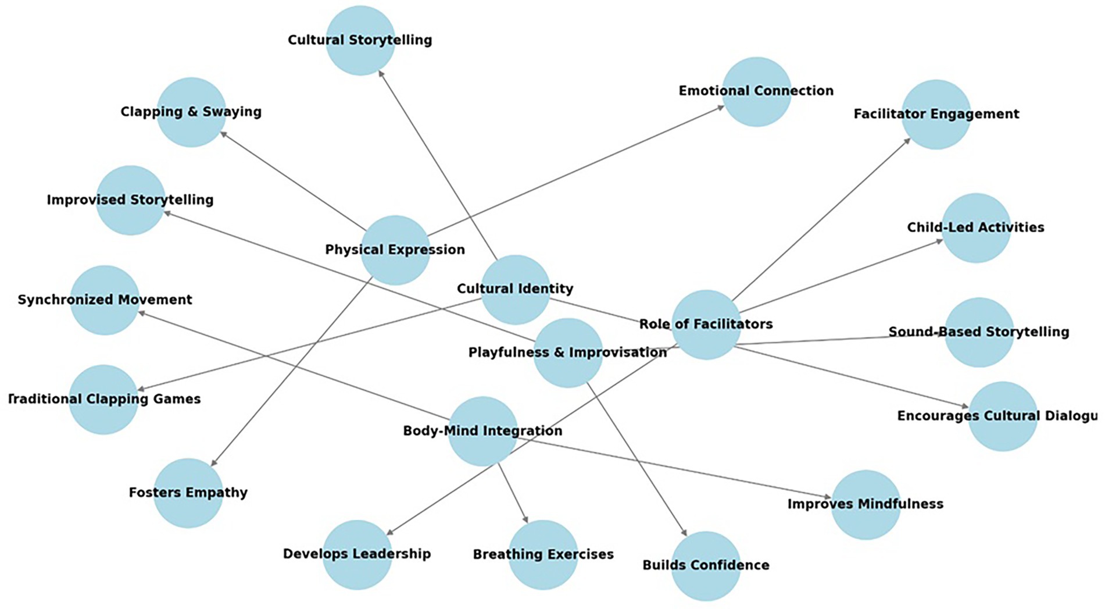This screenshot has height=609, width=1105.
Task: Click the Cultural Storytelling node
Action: coord(360,40)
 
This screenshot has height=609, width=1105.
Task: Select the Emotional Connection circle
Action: coord(756,91)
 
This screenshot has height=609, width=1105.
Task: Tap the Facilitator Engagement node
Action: coord(936,114)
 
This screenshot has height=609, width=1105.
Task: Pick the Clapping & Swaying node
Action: coord(191,112)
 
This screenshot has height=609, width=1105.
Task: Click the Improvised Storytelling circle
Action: coord(130,200)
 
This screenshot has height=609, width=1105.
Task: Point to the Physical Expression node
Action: coord(395,250)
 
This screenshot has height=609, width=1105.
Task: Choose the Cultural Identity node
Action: coord(515,289)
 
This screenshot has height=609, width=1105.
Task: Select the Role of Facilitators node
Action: coord(706,325)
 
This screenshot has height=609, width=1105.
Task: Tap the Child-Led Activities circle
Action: coord(976,227)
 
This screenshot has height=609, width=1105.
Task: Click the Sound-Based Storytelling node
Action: coord(979,332)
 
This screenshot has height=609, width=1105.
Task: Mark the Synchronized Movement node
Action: coord(105,300)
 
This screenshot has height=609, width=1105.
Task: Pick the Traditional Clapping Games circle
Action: coord(103,399)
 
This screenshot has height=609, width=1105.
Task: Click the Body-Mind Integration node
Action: coord(482,431)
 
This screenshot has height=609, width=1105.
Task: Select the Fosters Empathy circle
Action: coord(188,493)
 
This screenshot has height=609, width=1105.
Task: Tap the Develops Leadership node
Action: coord(357,554)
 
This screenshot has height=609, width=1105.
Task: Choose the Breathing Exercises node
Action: coord(543,554)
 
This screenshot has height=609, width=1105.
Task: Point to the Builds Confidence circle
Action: coord(706,565)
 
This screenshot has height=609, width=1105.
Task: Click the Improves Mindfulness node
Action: coord(866,504)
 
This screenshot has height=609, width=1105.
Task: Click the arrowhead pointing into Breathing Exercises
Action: coord(526,519)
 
